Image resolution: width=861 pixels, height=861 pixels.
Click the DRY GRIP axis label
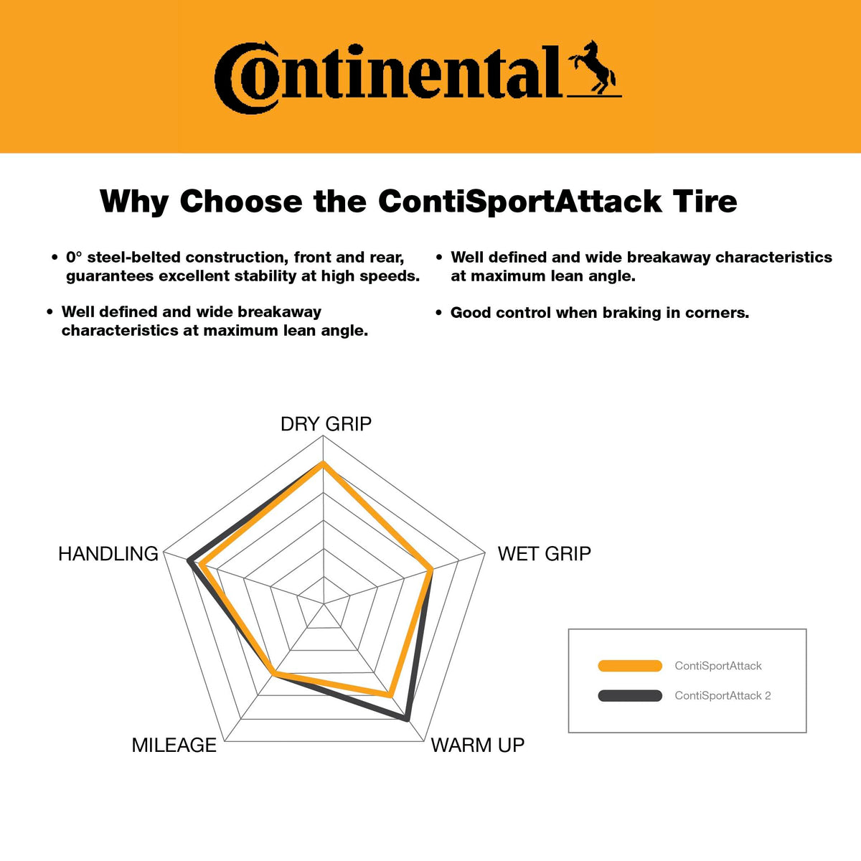coord(326,424)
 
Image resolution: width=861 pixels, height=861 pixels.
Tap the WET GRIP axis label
coord(544,554)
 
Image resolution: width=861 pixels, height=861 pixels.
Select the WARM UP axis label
coord(477,745)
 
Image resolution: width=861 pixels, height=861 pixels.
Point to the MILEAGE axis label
coord(174,745)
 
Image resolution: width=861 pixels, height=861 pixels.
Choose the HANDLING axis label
coord(108,554)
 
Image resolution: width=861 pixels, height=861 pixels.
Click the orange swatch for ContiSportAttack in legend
coord(630,665)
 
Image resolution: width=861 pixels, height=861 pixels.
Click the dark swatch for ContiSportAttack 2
coord(630,695)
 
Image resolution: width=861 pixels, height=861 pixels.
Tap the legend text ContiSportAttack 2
coord(723,695)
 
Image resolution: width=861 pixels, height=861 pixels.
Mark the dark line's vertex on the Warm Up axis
coord(407,718)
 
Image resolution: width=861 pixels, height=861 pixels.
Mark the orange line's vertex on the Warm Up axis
coord(390,695)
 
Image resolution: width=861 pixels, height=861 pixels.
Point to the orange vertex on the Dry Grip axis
coord(323,464)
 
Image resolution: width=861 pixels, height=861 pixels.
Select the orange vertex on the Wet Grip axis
coord(430,569)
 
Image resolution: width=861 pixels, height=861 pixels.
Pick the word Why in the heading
coord(134,202)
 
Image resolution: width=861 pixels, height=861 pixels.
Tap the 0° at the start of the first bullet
coord(74,257)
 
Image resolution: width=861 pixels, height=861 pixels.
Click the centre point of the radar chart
coord(323,603)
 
